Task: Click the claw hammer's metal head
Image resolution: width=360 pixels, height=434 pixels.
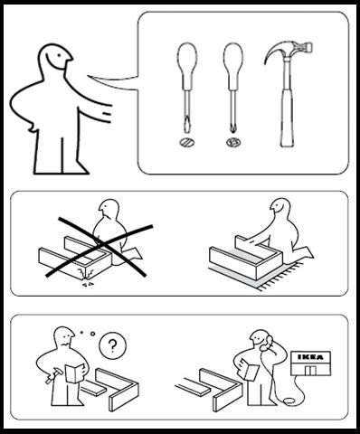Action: (289, 51)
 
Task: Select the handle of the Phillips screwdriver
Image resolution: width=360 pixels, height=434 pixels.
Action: (233, 66)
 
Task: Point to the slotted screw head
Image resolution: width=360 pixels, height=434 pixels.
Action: (186, 142)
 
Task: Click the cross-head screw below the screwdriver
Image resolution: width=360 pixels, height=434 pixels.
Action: (233, 142)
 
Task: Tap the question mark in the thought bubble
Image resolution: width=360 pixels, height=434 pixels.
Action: (112, 345)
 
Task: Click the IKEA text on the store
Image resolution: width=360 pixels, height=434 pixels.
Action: (310, 357)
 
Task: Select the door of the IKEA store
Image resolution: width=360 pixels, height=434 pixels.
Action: (310, 371)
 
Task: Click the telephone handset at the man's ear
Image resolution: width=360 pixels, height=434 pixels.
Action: (267, 343)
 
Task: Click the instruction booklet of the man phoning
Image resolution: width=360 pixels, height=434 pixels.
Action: (250, 369)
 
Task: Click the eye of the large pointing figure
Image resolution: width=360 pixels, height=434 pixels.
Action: (59, 55)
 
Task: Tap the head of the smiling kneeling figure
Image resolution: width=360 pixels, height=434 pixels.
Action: (280, 207)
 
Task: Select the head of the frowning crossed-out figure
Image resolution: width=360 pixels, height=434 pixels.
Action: (109, 209)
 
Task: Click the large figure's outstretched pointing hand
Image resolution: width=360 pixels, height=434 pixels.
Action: (104, 114)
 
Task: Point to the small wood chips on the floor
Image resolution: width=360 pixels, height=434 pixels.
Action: (87, 284)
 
